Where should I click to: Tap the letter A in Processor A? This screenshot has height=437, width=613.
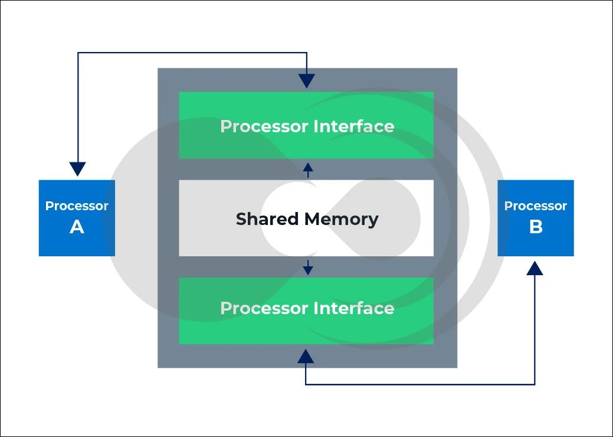tap(77, 227)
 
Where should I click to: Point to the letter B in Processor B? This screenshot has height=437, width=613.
tap(536, 227)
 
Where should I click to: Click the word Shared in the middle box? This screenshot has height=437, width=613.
tap(267, 219)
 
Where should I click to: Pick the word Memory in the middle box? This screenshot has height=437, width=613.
tap(342, 219)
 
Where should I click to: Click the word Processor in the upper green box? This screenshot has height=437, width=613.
tap(264, 126)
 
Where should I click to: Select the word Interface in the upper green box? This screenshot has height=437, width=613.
tap(354, 126)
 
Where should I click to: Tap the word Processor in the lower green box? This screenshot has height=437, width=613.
tap(264, 308)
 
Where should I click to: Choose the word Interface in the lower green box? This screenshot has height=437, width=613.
tap(354, 308)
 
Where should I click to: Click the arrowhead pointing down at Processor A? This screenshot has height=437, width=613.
tap(77, 169)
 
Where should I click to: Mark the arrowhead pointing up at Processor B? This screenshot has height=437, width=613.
tap(535, 268)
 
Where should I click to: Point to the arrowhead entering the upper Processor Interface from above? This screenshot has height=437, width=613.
tap(307, 81)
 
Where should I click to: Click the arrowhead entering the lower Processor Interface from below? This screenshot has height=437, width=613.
tap(306, 356)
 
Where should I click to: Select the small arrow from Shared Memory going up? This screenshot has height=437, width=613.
tap(307, 169)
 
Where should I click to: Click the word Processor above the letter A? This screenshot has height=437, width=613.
tap(77, 206)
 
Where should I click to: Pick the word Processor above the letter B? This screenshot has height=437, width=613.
tap(536, 206)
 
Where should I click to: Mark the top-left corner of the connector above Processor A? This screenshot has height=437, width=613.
tap(78, 53)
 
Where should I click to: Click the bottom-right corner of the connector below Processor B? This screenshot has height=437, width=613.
tap(535, 384)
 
